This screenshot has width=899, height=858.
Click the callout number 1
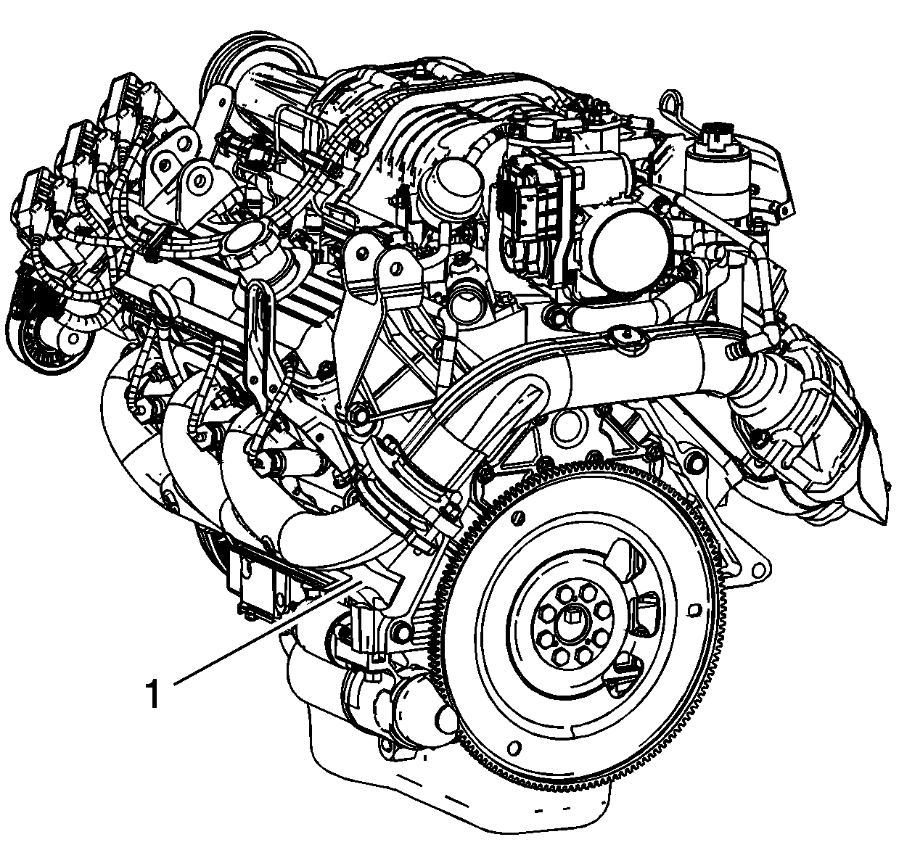tap(152, 693)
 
